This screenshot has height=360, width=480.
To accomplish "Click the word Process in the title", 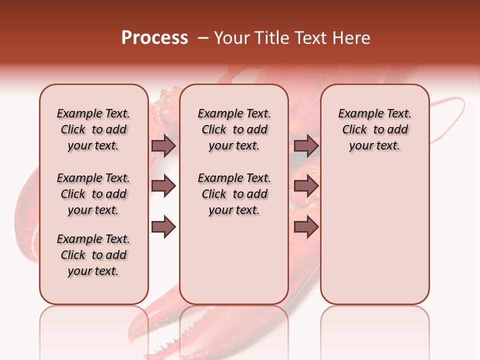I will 154,38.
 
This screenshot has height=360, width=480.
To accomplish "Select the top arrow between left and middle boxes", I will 163,145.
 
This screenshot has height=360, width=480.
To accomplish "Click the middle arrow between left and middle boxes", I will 163,186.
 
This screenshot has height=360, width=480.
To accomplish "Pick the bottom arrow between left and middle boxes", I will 163,227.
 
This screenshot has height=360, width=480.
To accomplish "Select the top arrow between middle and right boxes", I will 306,145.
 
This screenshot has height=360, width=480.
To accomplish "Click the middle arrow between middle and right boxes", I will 306,186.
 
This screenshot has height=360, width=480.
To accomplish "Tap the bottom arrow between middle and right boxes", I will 306,227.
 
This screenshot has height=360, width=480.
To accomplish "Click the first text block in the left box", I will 93,129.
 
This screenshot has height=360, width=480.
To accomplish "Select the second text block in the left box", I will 93,194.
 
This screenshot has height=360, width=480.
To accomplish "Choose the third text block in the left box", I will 93,255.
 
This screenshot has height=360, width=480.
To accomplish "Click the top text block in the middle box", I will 234,129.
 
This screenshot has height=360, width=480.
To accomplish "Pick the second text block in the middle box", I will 234,194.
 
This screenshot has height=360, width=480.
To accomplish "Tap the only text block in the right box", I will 374,129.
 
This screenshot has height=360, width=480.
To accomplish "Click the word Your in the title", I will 231,38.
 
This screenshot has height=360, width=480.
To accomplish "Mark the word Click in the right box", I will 354,130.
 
